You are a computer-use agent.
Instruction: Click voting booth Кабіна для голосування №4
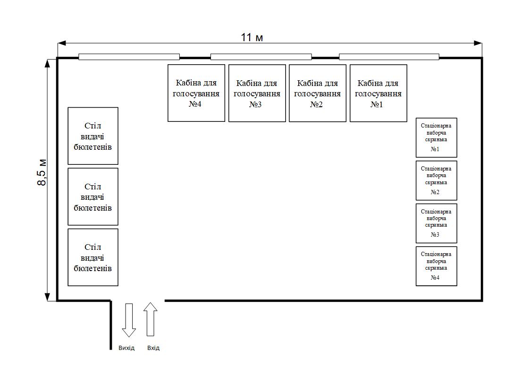pos(196,93)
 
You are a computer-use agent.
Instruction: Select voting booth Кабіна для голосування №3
pos(257,93)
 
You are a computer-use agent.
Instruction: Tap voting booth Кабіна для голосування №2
pos(318,93)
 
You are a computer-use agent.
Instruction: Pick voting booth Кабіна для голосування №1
pos(379,93)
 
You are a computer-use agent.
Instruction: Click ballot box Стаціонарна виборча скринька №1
pos(437,137)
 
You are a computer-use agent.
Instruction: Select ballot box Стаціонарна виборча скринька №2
pos(437,180)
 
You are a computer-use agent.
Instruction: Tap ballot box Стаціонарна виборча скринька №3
pos(437,223)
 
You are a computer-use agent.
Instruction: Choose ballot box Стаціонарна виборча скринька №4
pos(437,266)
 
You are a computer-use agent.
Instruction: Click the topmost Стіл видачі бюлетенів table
pos(93,136)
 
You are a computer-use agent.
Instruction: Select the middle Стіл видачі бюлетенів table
pos(93,196)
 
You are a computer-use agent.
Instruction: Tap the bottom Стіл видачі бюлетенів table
pos(93,257)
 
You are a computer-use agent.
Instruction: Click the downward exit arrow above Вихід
pos(129,320)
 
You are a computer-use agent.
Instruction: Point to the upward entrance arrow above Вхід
pos(151,319)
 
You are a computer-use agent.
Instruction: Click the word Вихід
pos(126,348)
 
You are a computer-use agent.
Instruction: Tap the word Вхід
pos(153,348)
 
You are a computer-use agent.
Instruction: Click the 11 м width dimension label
pos(252,37)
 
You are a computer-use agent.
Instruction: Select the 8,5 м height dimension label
pos(42,172)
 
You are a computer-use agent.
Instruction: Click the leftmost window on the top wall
pos(129,57)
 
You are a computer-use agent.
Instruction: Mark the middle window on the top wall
pos(261,57)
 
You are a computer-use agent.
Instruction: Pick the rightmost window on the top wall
pos(389,57)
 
